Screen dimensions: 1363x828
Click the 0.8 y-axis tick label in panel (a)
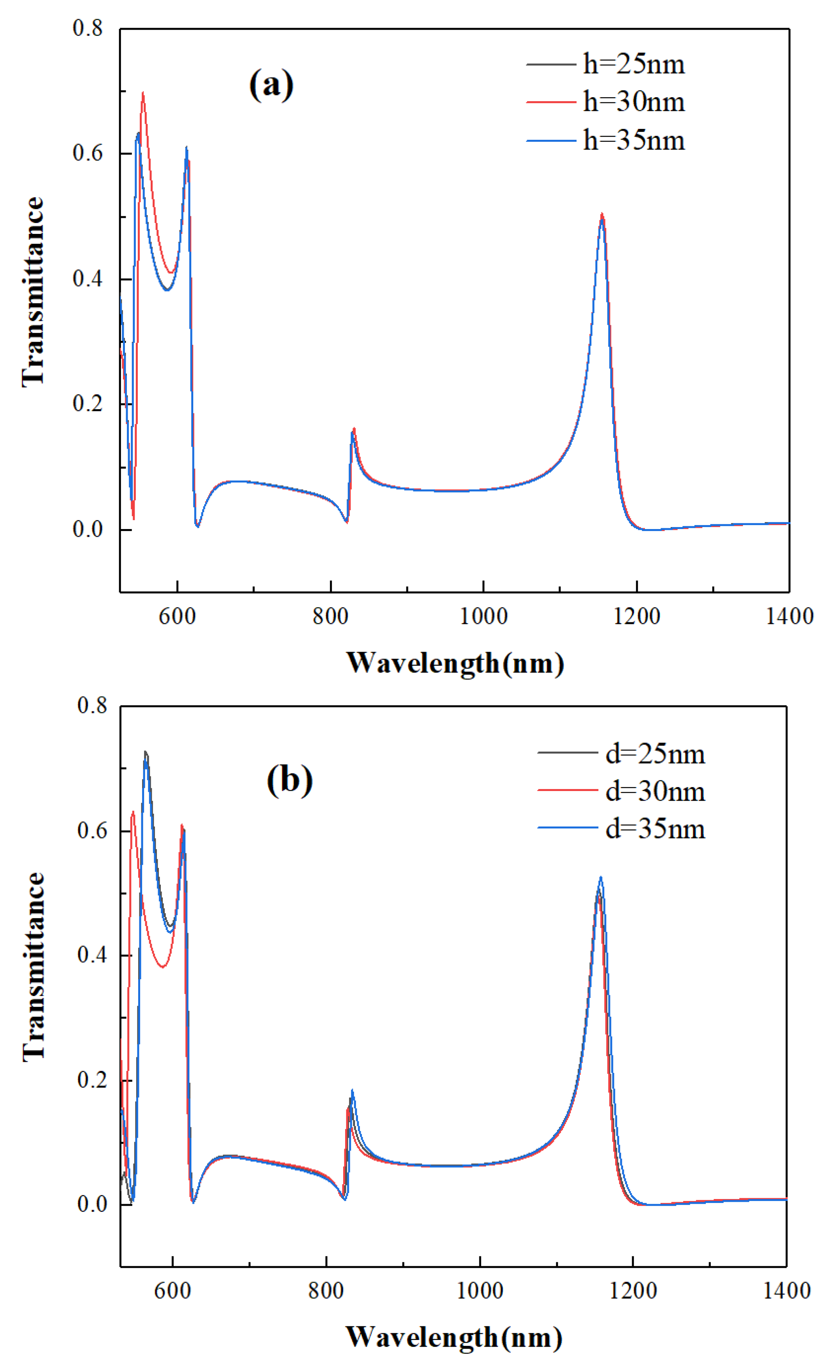click(x=88, y=28)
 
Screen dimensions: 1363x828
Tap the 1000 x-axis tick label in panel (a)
click(x=483, y=616)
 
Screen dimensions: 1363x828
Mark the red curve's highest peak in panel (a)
click(x=143, y=93)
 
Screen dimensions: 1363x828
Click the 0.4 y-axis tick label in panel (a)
click(x=88, y=278)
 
